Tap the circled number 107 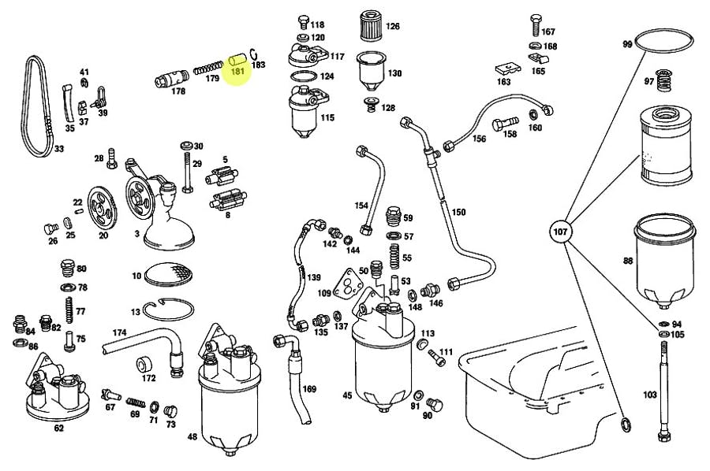[x=559, y=232]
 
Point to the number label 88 [x=628, y=261]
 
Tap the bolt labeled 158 [x=506, y=124]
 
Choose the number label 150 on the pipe [x=458, y=213]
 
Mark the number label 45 [x=346, y=395]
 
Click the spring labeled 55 [x=394, y=257]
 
